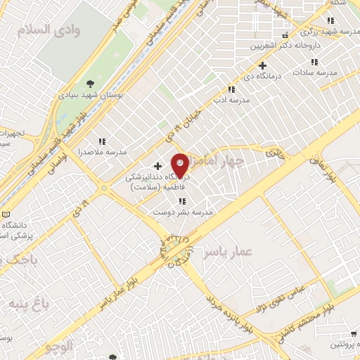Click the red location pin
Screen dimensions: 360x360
tap(181, 165)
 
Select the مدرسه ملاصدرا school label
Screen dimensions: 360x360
tap(103, 151)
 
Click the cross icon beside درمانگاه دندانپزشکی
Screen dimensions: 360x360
tap(157, 166)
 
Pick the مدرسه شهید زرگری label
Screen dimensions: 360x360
tap(328, 32)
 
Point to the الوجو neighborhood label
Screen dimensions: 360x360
tap(58, 345)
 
